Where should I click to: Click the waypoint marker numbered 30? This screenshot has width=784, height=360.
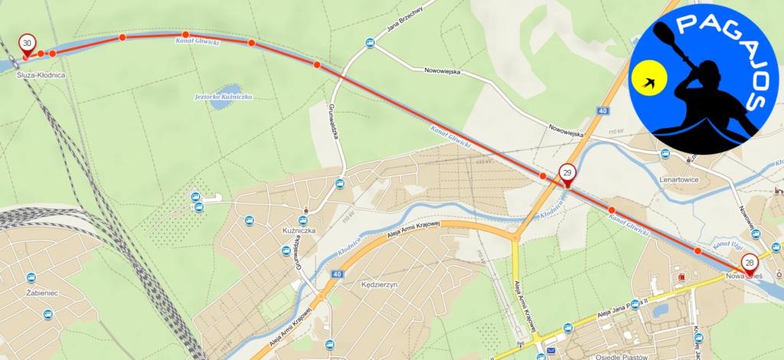[x=28, y=43]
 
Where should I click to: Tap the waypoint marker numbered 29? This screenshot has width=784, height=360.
[x=567, y=174]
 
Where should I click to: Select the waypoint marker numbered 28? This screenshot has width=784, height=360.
[x=750, y=262]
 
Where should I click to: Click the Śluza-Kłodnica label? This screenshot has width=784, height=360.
[x=41, y=75]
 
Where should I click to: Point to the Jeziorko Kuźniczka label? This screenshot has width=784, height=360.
[x=218, y=97]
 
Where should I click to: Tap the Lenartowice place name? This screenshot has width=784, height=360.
[x=680, y=182]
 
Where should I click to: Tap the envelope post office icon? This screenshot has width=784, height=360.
[x=550, y=352]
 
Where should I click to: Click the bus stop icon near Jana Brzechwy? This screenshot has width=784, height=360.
[x=370, y=44]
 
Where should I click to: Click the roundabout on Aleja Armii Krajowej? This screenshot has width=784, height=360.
[x=515, y=237]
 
